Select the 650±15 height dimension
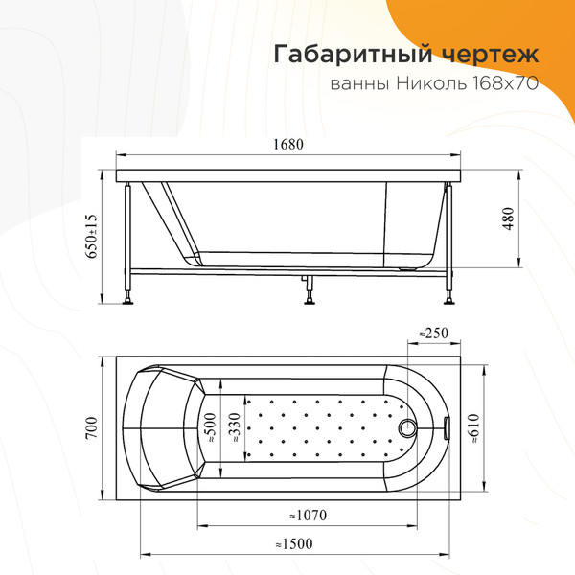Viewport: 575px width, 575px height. [93, 235]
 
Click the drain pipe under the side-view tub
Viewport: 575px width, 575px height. [307, 285]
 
